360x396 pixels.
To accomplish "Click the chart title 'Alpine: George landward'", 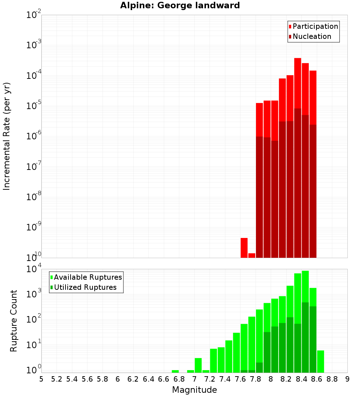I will click(x=180, y=5).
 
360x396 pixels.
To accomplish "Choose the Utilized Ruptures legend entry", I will click(x=85, y=287).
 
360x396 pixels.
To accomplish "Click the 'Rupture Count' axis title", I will click(x=14, y=320).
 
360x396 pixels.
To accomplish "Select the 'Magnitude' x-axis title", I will click(x=194, y=390).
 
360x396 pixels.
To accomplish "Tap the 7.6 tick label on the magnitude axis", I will click(x=240, y=379).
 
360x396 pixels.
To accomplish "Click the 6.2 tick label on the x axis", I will click(x=133, y=379).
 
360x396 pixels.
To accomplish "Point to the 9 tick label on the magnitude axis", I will click(x=347, y=379).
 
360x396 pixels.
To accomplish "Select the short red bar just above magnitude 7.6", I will click(x=244, y=248).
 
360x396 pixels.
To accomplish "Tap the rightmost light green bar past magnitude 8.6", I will click(x=320, y=361).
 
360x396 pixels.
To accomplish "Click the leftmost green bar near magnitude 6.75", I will click(x=175, y=371).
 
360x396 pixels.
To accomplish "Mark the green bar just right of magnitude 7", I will click(x=198, y=365).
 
